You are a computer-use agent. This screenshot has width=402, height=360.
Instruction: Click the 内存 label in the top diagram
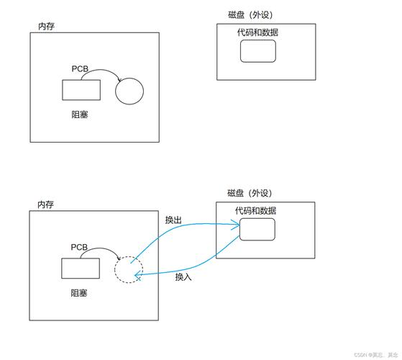click(x=46, y=26)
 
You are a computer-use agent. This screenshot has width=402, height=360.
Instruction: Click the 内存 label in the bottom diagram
click(x=45, y=204)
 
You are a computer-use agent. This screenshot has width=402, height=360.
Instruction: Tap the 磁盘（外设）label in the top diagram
click(x=250, y=14)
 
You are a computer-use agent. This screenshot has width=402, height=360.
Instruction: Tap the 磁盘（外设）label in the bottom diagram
click(x=250, y=193)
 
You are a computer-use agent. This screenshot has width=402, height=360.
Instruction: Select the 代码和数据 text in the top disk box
click(x=257, y=32)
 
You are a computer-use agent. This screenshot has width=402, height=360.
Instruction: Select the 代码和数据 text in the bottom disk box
click(x=256, y=211)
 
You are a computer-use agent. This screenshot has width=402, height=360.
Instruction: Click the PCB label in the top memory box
click(x=80, y=69)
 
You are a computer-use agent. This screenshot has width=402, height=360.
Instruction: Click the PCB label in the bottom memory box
click(x=79, y=247)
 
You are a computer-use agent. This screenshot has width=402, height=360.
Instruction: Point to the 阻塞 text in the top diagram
click(x=80, y=114)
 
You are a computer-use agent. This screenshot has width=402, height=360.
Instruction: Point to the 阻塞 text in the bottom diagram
click(x=79, y=293)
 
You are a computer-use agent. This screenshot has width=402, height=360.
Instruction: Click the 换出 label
click(x=173, y=220)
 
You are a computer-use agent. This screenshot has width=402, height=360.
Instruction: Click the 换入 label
click(x=183, y=277)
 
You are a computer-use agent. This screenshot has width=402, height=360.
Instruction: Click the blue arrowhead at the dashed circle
click(x=137, y=275)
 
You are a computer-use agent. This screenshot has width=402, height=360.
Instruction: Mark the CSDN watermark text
click(x=376, y=355)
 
